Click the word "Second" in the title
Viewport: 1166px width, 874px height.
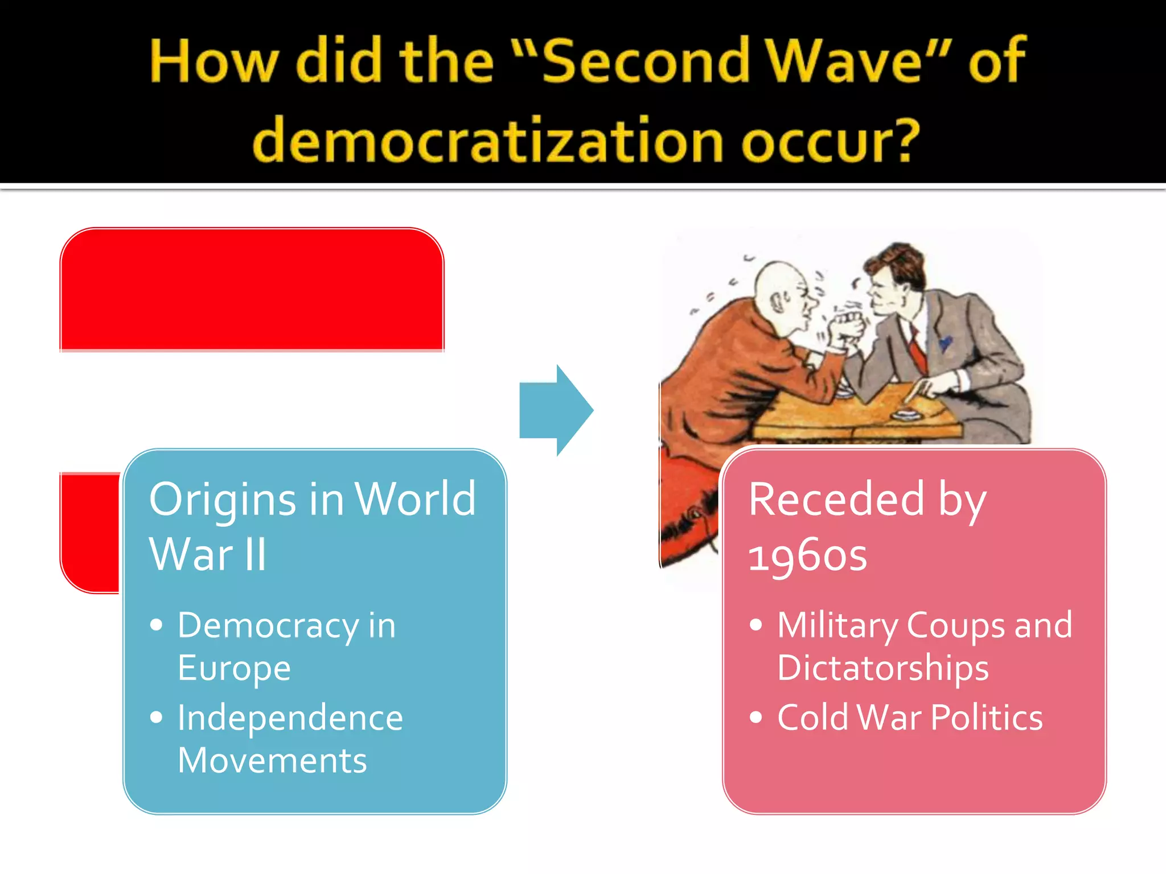[x=646, y=61]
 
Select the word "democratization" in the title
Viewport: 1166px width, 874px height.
[x=487, y=140]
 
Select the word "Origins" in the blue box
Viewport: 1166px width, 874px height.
[x=222, y=500]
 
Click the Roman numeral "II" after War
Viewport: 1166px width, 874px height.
[x=256, y=554]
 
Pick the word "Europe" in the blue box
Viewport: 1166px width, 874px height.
[x=234, y=668]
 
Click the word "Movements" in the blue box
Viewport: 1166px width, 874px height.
[x=272, y=760]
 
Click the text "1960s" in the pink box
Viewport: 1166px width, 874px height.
[x=807, y=555]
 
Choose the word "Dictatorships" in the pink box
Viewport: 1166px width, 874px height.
[x=882, y=668]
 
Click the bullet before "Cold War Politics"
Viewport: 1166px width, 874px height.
[x=756, y=717]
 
